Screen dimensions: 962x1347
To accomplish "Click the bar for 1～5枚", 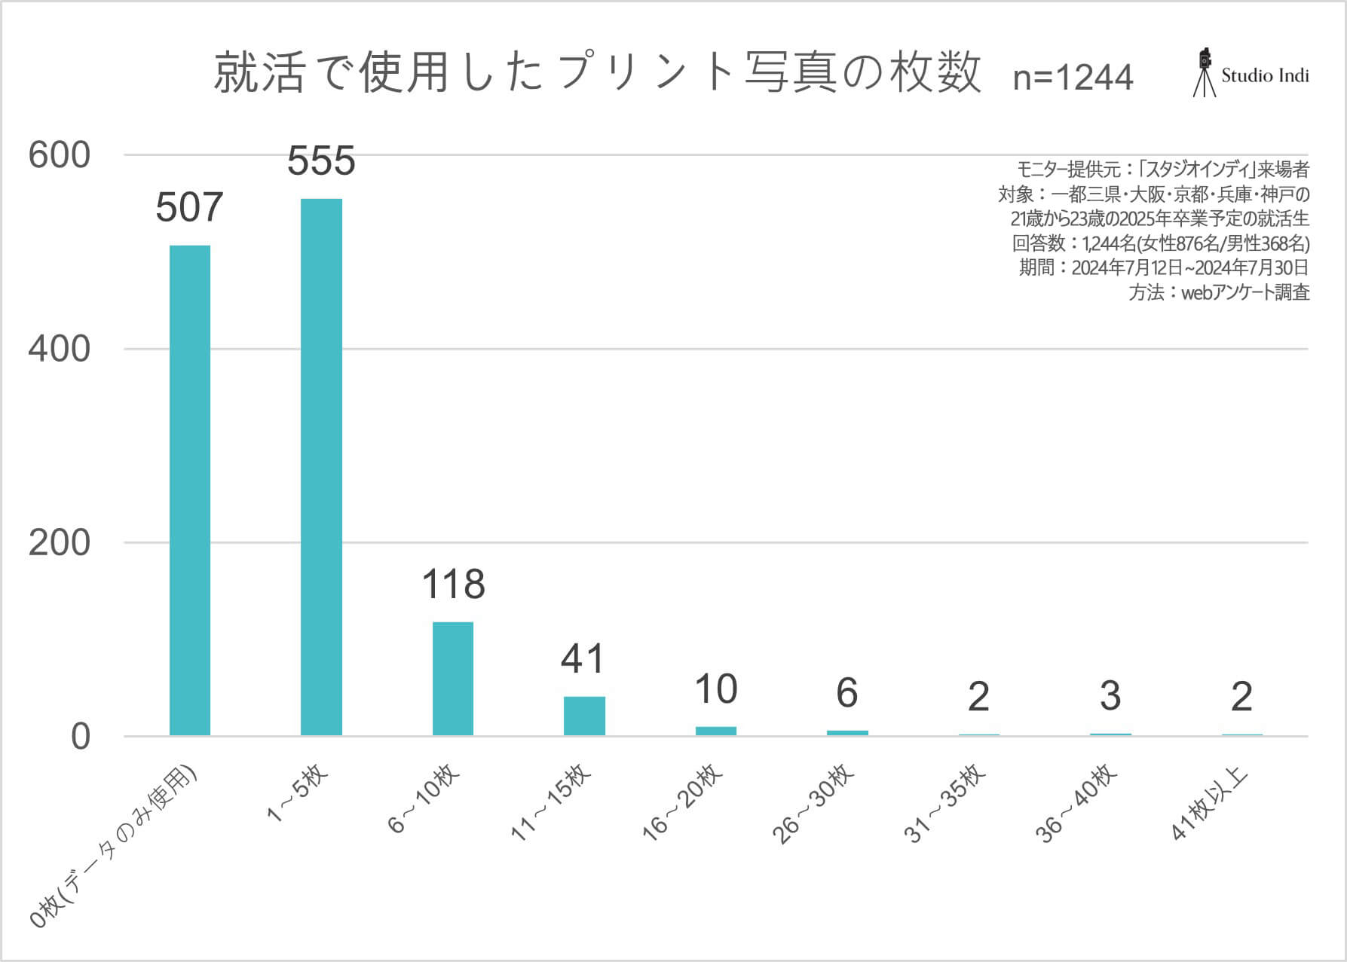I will click(321, 467).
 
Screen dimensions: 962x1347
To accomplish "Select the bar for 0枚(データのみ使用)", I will click(190, 490).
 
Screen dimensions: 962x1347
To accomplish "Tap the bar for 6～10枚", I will click(453, 678).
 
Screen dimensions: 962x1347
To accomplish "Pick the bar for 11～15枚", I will click(584, 716).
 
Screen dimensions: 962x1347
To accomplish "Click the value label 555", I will click(321, 161).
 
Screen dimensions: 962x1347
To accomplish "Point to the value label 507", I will click(190, 208).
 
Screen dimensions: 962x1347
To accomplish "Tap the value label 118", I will click(453, 585).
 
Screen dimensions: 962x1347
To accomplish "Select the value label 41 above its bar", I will click(583, 659).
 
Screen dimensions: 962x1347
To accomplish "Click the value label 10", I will click(715, 689).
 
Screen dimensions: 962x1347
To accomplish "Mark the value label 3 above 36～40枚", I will click(1110, 696).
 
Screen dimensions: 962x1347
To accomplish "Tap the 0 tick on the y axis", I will click(80, 737).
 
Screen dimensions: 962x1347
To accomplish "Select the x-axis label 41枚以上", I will click(1211, 803).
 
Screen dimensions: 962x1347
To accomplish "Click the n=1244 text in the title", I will click(1073, 77).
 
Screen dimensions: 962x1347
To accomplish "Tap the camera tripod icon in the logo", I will click(1205, 73).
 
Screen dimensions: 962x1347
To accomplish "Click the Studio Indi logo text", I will click(1265, 75).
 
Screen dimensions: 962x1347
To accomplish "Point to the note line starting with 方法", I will click(1219, 292).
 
